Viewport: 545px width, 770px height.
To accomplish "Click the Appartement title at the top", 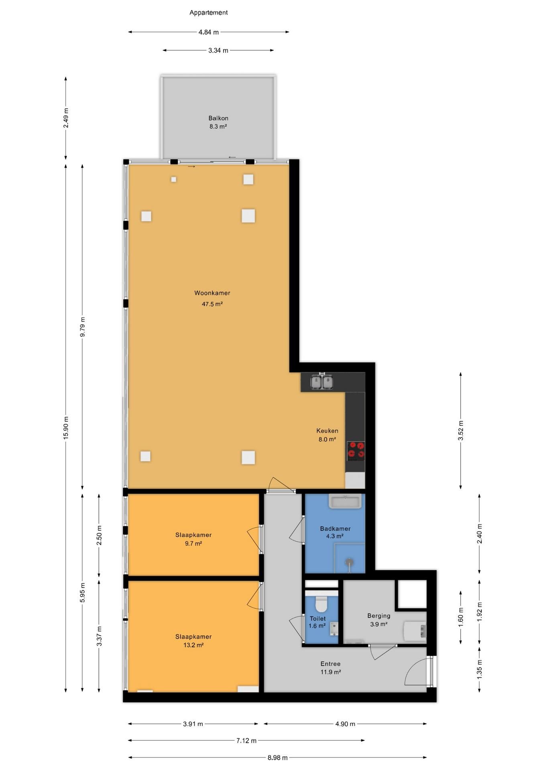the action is click(208, 12).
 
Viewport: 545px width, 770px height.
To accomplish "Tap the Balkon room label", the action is click(218, 118).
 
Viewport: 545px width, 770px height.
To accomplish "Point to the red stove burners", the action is click(356, 450).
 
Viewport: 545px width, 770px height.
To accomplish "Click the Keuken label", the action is click(327, 431).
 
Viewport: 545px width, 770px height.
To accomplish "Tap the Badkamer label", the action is click(335, 529).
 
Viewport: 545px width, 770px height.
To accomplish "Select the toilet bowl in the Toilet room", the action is click(321, 603).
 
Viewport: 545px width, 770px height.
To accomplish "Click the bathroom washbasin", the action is click(345, 501).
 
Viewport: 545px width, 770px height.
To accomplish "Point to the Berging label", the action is click(378, 616).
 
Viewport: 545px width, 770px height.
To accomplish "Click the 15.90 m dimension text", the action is click(66, 428).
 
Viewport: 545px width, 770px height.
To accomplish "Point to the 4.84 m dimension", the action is click(209, 32).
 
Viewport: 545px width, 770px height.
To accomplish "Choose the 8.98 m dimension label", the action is click(278, 758).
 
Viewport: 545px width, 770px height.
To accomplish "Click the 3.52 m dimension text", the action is click(461, 431).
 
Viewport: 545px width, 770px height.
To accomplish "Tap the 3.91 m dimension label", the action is click(193, 724).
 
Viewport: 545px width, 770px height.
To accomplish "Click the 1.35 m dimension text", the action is click(479, 669).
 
